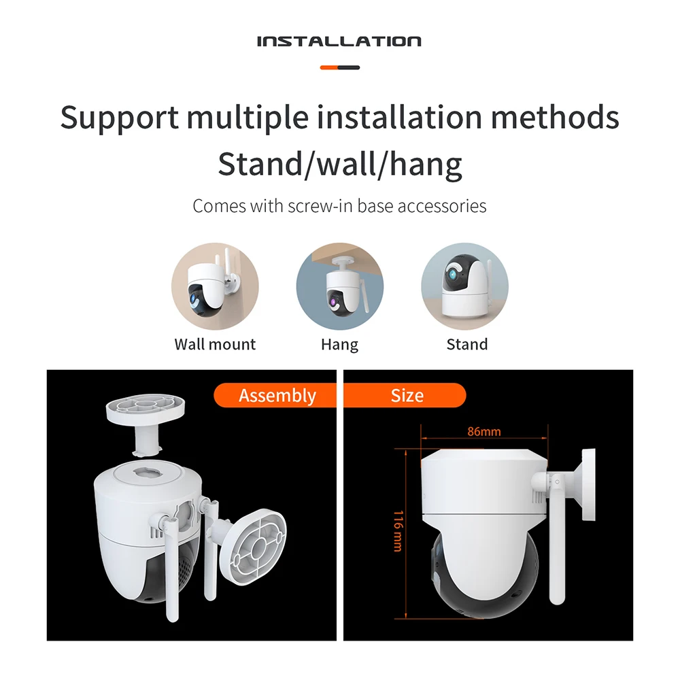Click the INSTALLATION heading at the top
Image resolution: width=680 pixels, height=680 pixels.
click(339, 41)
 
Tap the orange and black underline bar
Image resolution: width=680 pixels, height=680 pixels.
click(339, 67)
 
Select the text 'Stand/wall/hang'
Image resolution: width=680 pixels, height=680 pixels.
click(339, 164)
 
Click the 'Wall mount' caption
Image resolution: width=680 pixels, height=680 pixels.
click(215, 344)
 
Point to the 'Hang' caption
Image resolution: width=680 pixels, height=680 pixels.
click(339, 344)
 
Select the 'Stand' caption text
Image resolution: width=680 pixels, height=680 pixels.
click(466, 344)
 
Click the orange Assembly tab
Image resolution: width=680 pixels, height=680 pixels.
click(277, 395)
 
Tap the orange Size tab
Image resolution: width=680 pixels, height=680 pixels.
click(406, 395)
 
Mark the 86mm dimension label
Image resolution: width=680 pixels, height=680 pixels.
click(484, 432)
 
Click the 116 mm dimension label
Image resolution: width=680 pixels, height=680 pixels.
click(398, 530)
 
